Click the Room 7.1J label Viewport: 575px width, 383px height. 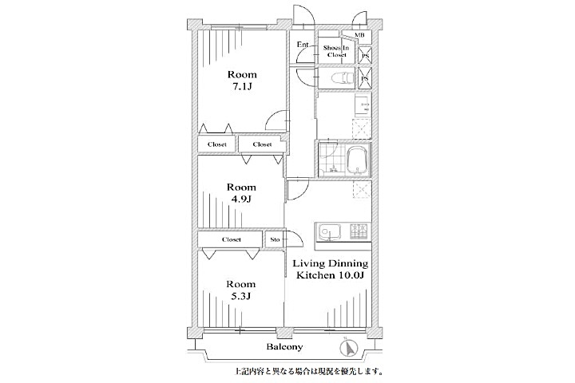(x=241, y=81)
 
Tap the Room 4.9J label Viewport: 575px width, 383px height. (x=241, y=193)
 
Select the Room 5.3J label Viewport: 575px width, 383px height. (x=240, y=290)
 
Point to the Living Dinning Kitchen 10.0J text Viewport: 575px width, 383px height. (x=330, y=269)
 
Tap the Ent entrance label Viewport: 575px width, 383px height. (x=303, y=45)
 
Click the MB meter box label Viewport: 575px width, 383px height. (x=359, y=35)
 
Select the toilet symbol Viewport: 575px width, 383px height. (x=341, y=77)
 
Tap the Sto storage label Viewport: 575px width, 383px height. (x=275, y=239)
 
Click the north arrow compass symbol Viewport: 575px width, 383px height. (x=348, y=349)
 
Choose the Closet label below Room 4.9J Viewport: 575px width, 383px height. (x=232, y=239)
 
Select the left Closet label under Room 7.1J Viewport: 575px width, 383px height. (x=217, y=144)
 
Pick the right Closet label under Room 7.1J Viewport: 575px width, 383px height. (x=261, y=144)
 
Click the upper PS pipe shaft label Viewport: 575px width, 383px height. (x=365, y=55)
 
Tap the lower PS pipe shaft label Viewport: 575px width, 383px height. (x=365, y=80)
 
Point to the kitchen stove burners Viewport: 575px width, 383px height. (x=359, y=232)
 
